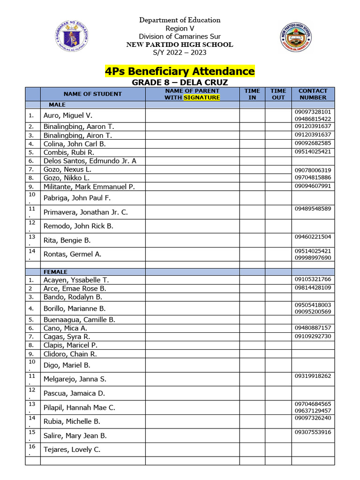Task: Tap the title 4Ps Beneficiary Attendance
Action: [x=180, y=71]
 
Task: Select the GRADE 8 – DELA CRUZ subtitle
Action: [x=180, y=82]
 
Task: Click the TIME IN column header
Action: [x=252, y=94]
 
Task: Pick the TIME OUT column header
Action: [x=278, y=94]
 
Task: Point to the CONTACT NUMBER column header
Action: [x=313, y=94]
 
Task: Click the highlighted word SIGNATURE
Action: [x=202, y=97]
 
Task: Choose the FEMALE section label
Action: [x=56, y=272]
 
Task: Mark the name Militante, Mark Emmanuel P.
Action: [x=89, y=187]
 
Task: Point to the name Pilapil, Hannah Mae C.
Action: [x=79, y=408]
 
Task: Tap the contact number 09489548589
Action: [x=313, y=209]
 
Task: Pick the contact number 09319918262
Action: [x=313, y=376]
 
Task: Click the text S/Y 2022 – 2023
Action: [x=180, y=52]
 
